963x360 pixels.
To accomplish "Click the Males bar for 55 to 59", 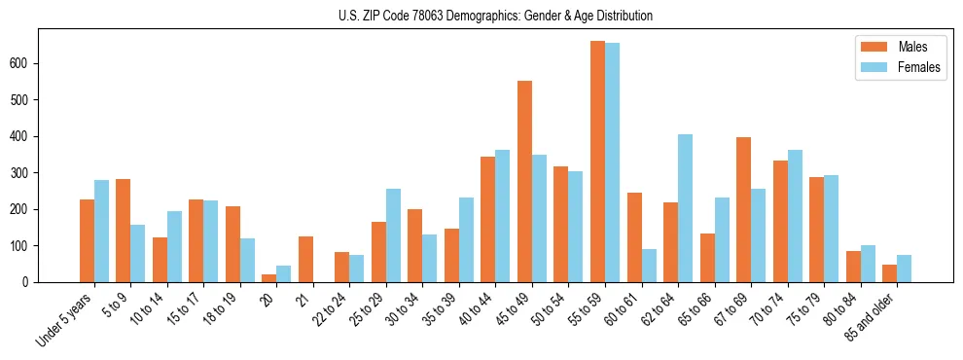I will tap(597, 162).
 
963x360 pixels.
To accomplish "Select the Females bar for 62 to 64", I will tap(685, 208).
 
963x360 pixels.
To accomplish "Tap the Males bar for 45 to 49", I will tap(524, 181).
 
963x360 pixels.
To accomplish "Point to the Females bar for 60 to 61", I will tap(649, 266).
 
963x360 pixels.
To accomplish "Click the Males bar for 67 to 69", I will tap(743, 209).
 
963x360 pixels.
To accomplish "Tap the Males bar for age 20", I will tap(269, 278).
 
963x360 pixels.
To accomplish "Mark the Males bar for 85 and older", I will tap(889, 273).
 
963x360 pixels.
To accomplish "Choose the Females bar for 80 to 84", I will tap(868, 264).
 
